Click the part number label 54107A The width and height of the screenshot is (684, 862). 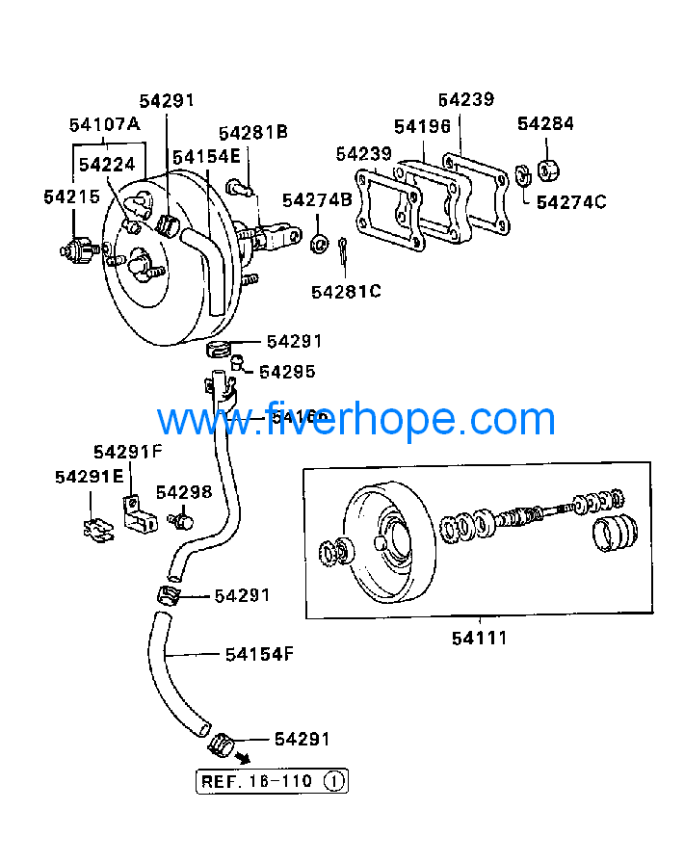click(105, 124)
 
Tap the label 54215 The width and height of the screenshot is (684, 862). click(71, 196)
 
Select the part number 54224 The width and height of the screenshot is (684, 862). click(107, 165)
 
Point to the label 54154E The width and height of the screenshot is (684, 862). click(206, 156)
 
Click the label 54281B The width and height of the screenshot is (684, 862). click(252, 133)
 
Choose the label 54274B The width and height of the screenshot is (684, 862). click(317, 199)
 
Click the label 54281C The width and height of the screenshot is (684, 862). click(346, 290)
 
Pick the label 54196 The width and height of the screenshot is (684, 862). click(422, 126)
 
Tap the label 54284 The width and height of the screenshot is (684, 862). click(545, 123)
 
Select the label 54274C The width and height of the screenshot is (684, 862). click(571, 201)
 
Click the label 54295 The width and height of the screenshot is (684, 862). click(287, 371)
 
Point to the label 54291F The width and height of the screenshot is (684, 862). click(128, 451)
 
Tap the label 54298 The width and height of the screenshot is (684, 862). click(184, 492)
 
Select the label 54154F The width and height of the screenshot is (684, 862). click(259, 654)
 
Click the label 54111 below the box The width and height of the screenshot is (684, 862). click(480, 637)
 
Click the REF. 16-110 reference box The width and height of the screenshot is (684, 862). click(272, 781)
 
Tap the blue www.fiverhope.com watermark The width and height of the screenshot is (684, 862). click(356, 420)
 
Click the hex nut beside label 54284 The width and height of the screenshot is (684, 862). click(546, 170)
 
